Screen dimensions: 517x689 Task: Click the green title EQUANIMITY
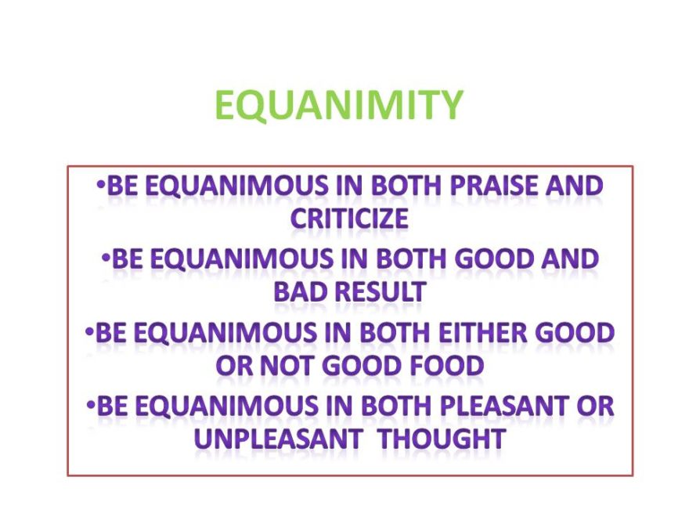(x=339, y=105)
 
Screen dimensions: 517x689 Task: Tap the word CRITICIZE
(x=349, y=219)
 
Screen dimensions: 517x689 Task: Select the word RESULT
(x=384, y=292)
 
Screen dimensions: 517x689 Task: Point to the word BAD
(x=301, y=292)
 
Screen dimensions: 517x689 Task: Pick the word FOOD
(x=444, y=366)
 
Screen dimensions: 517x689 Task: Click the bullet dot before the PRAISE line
(x=102, y=185)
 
